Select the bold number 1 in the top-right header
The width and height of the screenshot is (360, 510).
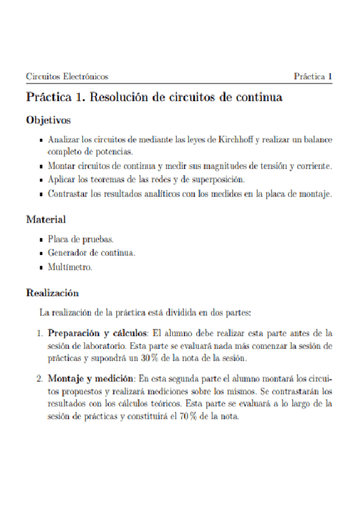coord(330,77)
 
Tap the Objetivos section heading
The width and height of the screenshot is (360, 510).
coord(49,120)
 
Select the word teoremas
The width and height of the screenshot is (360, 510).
coord(100,179)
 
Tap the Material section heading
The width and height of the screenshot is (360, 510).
coord(46,220)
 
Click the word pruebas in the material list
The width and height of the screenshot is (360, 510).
coord(96,239)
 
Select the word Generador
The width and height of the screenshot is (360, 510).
coord(68,253)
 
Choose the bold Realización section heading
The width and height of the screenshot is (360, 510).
coord(53,293)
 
